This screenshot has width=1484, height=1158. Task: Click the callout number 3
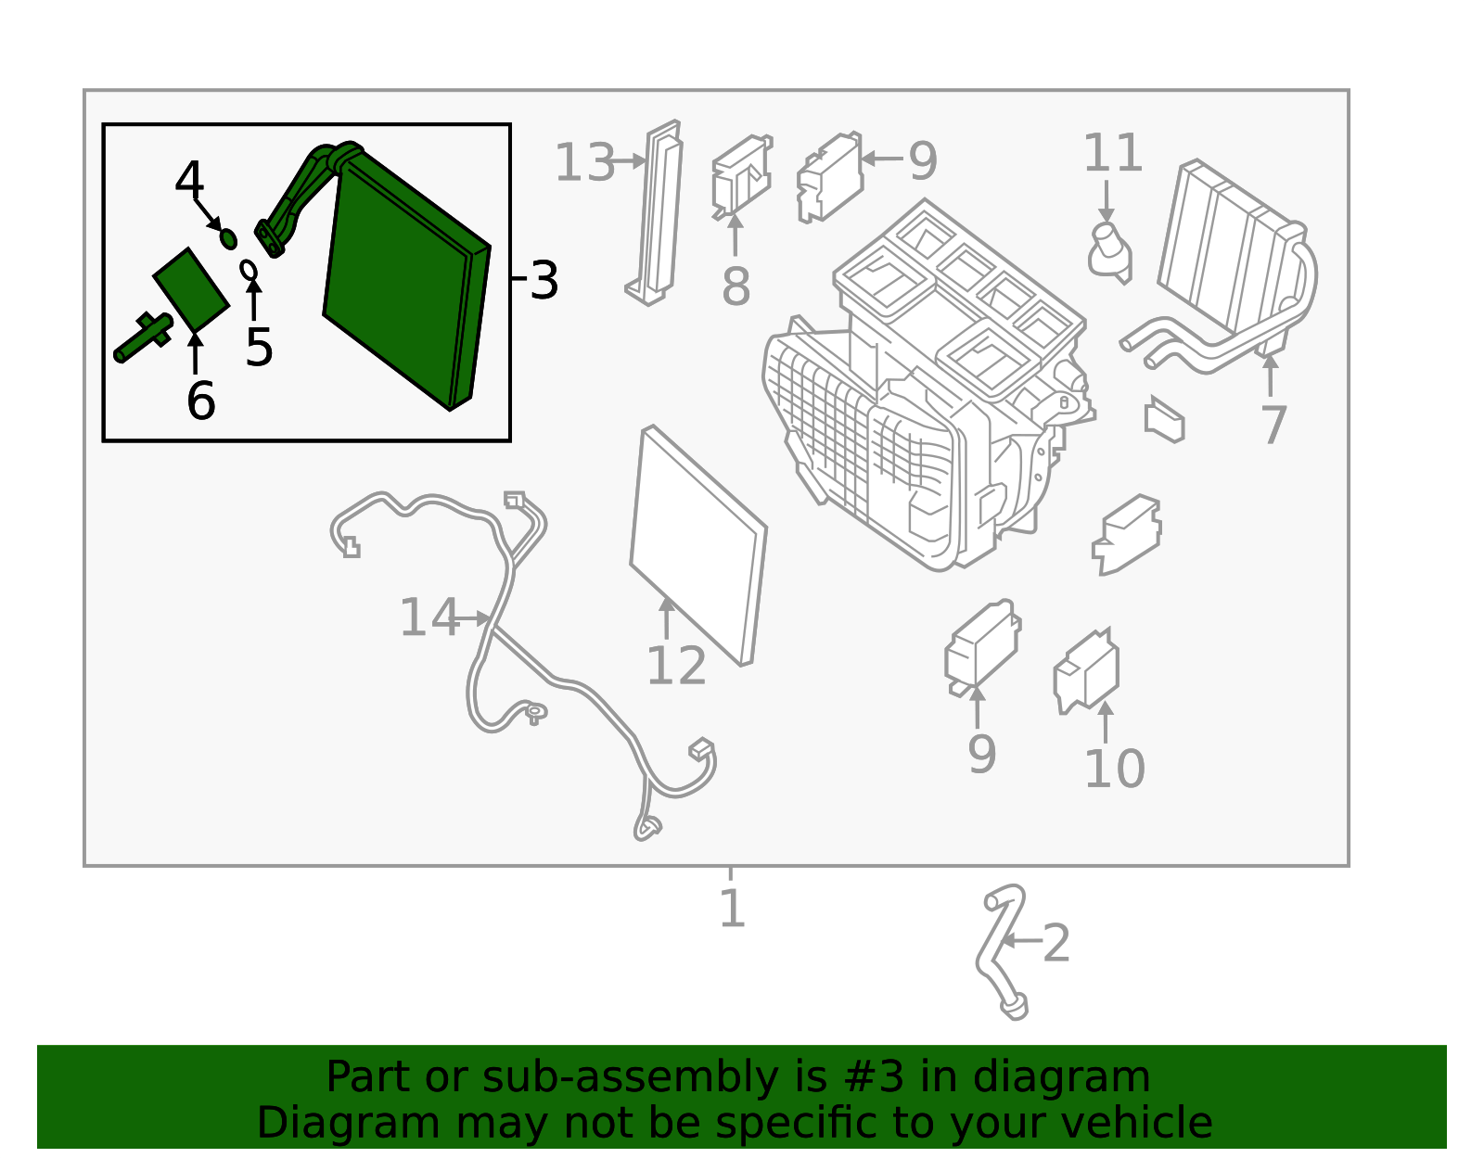pos(544,280)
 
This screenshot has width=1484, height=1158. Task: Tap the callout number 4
pos(189,180)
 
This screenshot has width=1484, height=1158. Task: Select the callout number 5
pos(259,348)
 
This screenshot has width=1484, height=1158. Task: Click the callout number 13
pos(584,163)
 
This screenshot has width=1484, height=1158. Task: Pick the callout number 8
pos(736,286)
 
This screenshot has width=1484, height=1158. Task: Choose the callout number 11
pos(1112,153)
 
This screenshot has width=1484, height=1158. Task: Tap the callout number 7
pos(1273,425)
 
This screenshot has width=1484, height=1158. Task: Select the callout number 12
pos(676,666)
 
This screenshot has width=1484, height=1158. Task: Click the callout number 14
pos(429,617)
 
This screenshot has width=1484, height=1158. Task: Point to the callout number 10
pos(1114,769)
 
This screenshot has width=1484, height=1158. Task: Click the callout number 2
pos(1056,944)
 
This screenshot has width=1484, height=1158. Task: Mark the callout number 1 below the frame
pos(732,908)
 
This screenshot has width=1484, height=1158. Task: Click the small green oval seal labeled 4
pos(228,239)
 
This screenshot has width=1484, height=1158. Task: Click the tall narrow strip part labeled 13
pos(660,213)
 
